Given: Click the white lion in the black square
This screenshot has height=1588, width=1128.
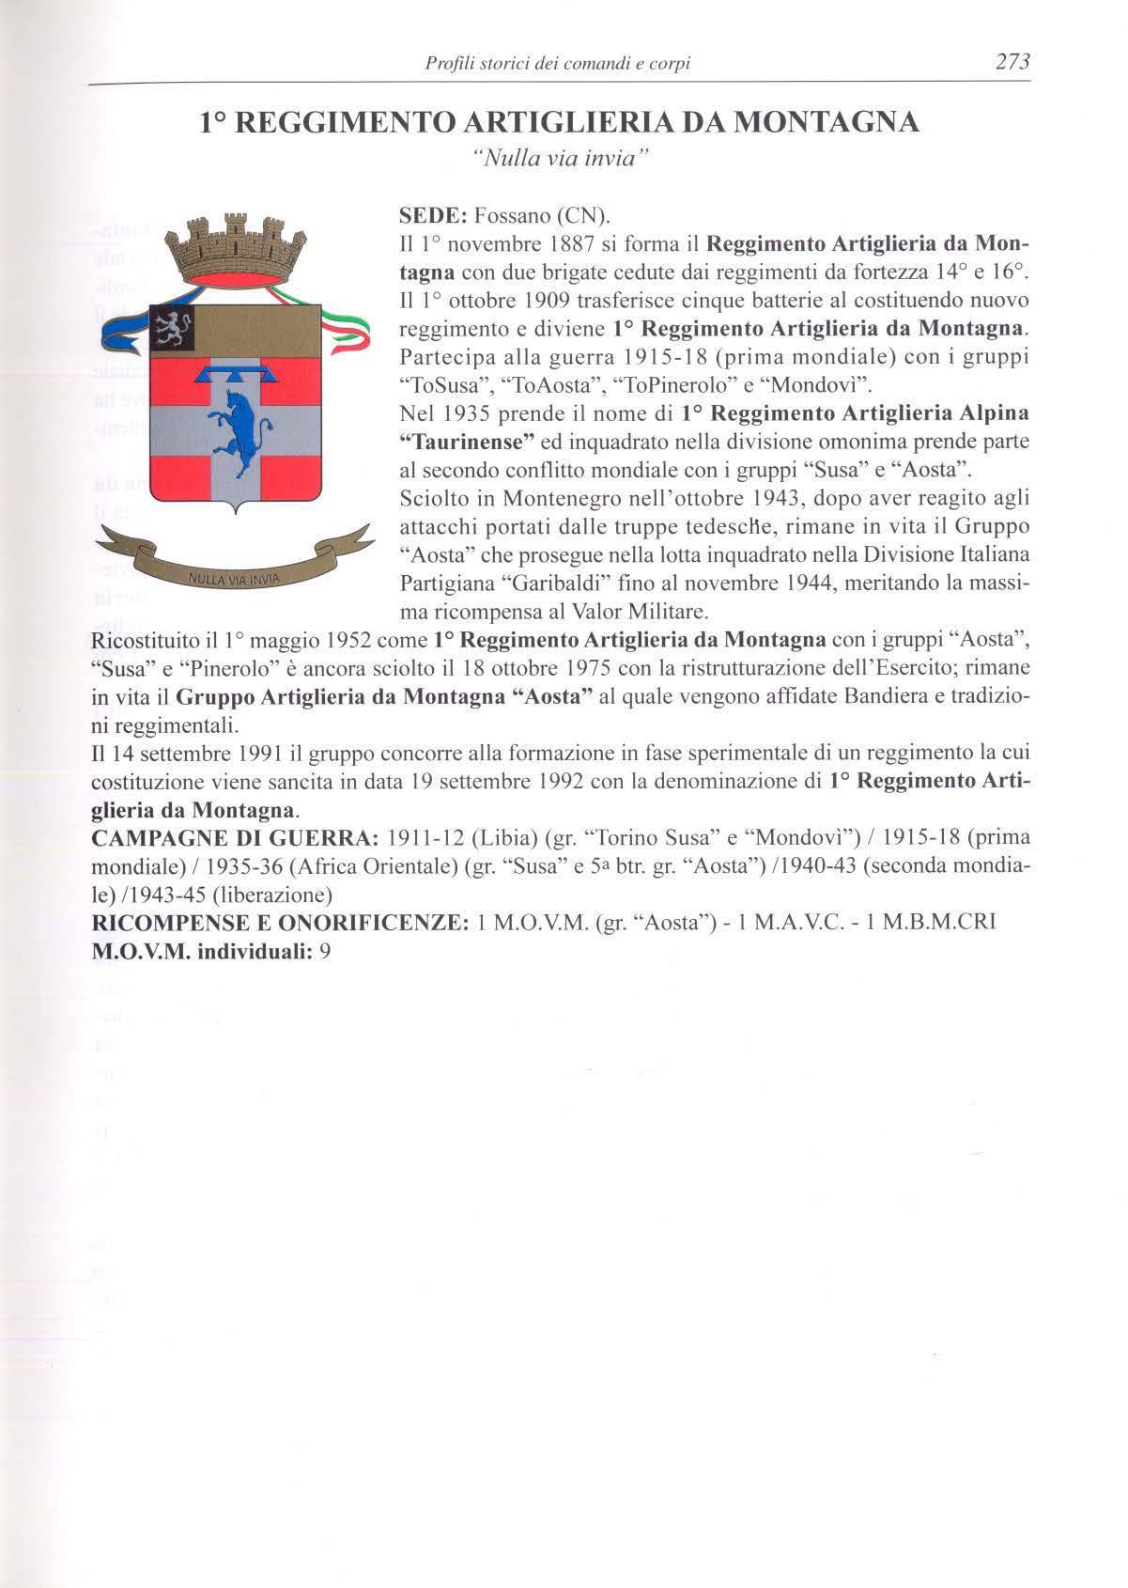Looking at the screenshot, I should pos(173,328).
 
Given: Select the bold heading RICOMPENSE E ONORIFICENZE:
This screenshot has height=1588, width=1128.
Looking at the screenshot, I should pos(279,923).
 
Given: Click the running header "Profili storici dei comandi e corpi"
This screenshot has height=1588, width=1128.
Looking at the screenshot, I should pos(558,64).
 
